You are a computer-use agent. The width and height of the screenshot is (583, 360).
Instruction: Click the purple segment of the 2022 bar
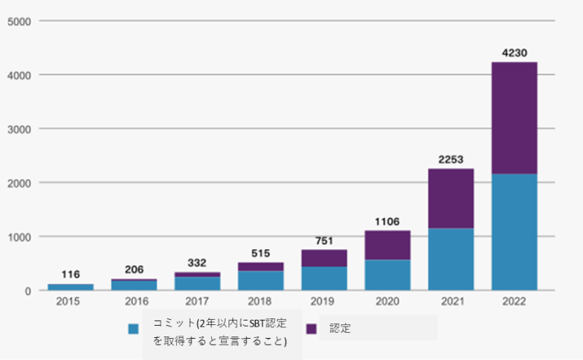[514, 118]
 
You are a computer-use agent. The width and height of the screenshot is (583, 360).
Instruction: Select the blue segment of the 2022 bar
[514, 232]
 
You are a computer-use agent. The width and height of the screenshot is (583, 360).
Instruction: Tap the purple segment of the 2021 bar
[451, 198]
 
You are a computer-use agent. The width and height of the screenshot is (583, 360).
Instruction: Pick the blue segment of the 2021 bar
[451, 259]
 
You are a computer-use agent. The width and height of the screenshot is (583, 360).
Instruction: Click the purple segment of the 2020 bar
[387, 245]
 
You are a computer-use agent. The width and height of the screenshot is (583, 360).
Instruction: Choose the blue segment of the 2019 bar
[324, 279]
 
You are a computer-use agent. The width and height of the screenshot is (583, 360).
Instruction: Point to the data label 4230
[514, 52]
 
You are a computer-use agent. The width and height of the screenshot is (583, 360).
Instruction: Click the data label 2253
[451, 159]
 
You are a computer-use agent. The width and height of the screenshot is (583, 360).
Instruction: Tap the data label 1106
[387, 221]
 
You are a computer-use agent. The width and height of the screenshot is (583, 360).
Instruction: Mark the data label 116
[71, 274]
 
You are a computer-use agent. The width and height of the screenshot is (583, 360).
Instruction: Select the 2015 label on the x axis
[71, 302]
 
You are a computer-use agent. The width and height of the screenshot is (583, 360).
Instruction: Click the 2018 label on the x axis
[260, 302]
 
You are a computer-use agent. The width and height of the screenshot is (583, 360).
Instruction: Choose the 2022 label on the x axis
[514, 302]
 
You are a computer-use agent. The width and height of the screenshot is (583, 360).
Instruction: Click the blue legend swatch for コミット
[134, 329]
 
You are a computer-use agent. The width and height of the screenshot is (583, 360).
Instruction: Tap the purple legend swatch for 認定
[311, 329]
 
